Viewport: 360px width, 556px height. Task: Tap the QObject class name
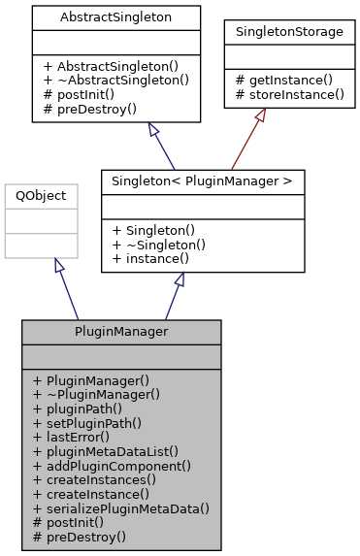coord(41,195)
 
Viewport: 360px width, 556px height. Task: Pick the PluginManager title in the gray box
coord(121,332)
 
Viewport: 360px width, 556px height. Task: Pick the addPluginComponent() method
coord(112,465)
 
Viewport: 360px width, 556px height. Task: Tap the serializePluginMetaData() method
coord(121,507)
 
